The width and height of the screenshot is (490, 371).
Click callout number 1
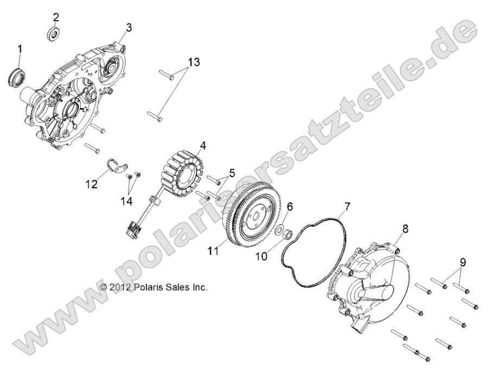tap(20, 49)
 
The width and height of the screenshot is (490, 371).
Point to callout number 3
tap(129, 27)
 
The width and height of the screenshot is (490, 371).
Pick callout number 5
tap(232, 174)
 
